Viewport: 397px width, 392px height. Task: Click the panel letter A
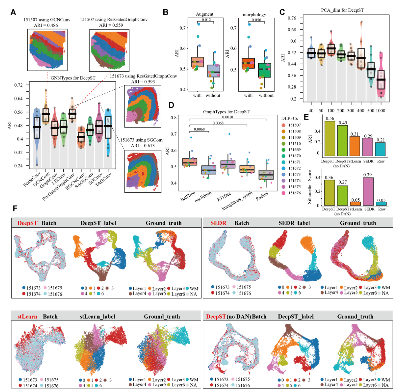click(x=13, y=12)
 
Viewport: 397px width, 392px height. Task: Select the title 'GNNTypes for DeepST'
click(x=73, y=78)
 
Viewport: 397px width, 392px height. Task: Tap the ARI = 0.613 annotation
click(x=143, y=145)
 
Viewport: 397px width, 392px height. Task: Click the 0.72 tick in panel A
click(x=19, y=85)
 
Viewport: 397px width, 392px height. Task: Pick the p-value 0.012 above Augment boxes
click(x=207, y=20)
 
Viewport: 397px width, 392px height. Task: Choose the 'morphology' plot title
click(x=254, y=14)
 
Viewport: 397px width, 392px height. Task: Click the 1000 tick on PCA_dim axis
click(x=381, y=110)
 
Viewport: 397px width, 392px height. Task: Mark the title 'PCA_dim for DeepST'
click(x=342, y=10)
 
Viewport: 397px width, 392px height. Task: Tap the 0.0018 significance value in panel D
click(x=227, y=117)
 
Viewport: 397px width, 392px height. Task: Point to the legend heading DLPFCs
click(x=289, y=118)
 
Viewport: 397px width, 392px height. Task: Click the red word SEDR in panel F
click(x=218, y=223)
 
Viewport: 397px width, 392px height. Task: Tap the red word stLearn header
click(x=27, y=317)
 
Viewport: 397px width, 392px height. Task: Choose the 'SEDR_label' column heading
click(x=294, y=223)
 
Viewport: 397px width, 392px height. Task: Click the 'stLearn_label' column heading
click(x=97, y=317)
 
